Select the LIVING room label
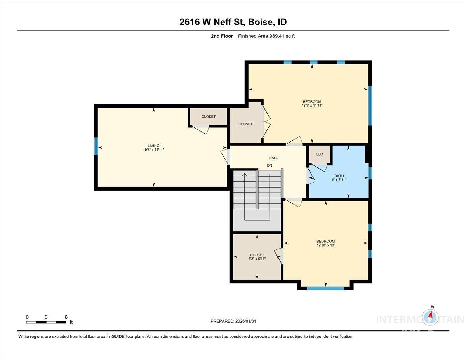pos(153,146)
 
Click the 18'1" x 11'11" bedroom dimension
pos(312,105)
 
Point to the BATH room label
pos(339,176)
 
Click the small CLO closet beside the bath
pos(319,154)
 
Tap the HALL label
pos(273,158)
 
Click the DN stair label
pos(270,166)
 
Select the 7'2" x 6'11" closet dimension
pos(257,259)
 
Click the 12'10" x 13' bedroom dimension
pos(325,245)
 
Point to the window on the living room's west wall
pos(96,146)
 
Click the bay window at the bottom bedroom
pos(325,288)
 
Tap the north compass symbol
pos(430,317)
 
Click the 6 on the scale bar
pos(66,317)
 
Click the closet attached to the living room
pos(208,117)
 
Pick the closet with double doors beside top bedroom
pos(245,124)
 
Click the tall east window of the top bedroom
pos(370,106)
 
